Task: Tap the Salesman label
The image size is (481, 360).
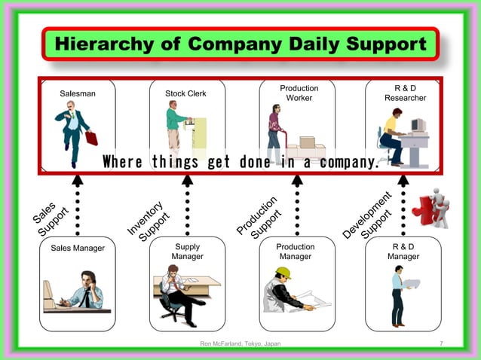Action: (x=78, y=94)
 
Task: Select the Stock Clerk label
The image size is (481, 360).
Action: (x=185, y=94)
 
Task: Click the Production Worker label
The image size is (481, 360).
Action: (x=299, y=93)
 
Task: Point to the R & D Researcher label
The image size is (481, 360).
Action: (x=405, y=93)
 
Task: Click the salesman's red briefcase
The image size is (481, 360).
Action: (x=91, y=138)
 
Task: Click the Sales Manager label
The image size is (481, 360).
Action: (x=78, y=248)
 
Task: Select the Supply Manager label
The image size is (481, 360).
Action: (x=187, y=252)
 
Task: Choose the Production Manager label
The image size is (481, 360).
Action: (x=296, y=252)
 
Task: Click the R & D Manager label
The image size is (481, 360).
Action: (x=403, y=252)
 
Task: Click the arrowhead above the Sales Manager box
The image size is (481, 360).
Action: (x=77, y=180)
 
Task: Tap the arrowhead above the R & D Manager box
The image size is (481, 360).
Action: (x=403, y=180)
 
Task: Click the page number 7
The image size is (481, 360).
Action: (x=441, y=344)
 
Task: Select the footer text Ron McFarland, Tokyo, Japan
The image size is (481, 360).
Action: (x=240, y=344)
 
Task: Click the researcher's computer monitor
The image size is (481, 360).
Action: (x=418, y=124)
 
